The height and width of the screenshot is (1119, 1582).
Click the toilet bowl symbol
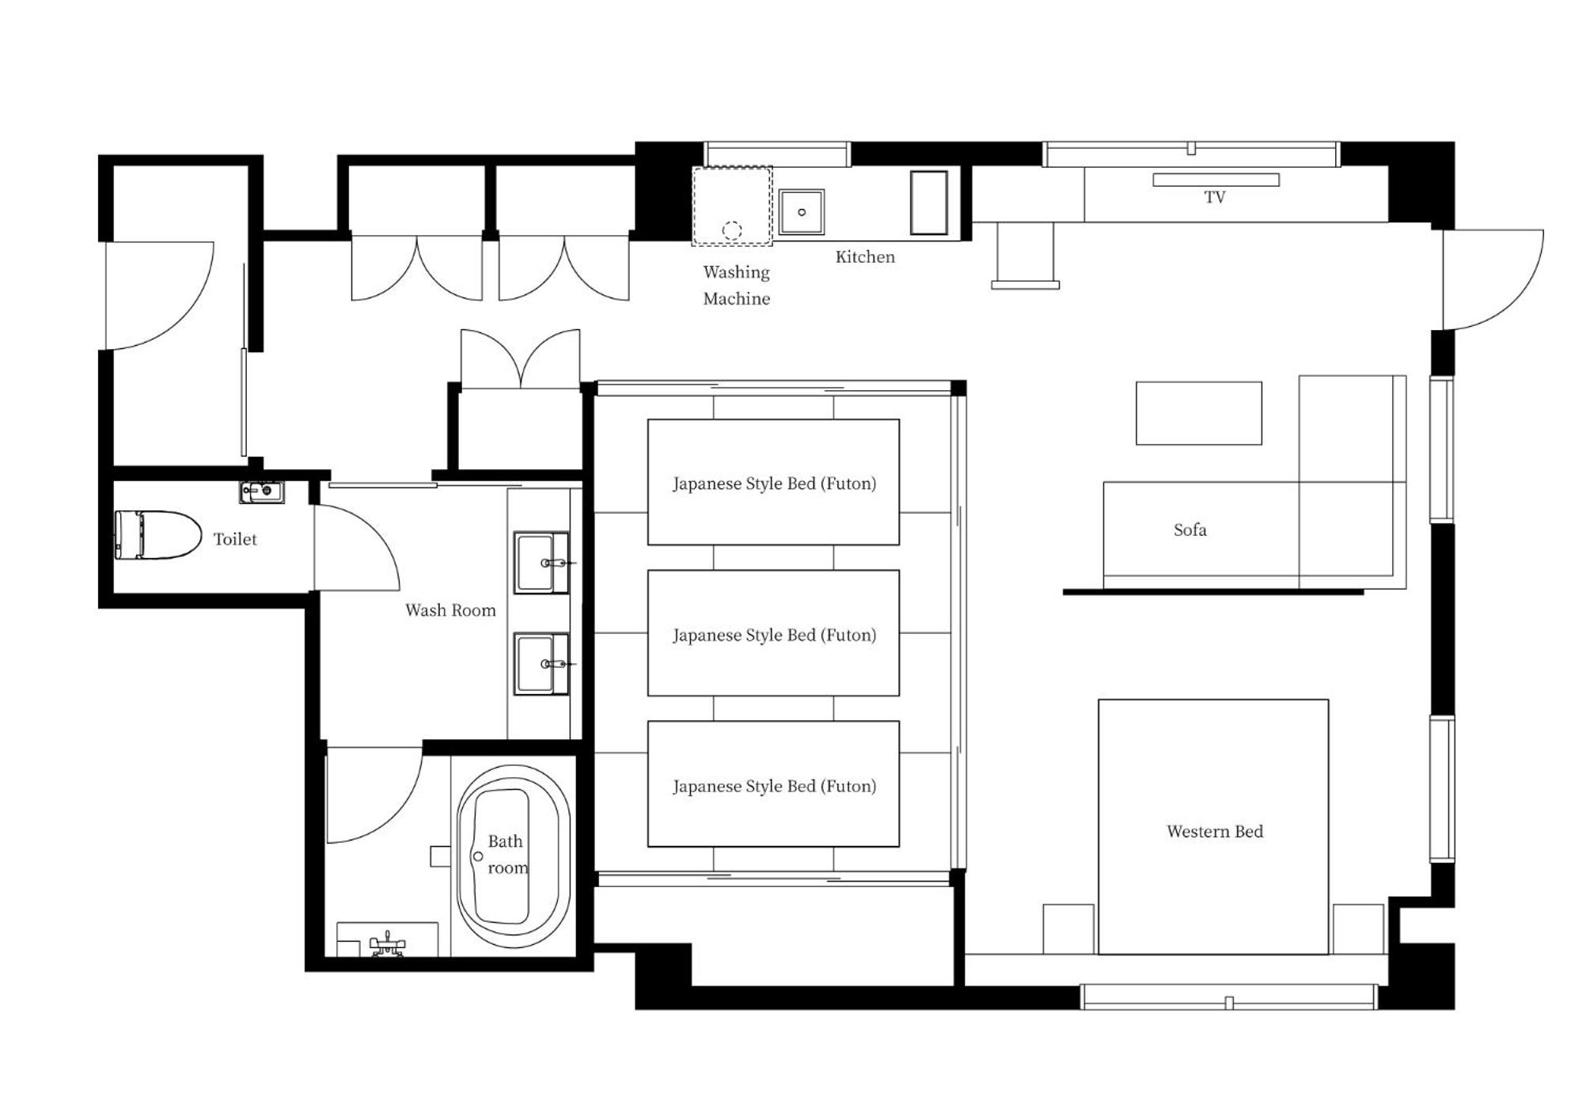click(157, 535)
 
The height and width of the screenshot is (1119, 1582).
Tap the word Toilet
click(235, 539)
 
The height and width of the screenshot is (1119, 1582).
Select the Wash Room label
click(450, 610)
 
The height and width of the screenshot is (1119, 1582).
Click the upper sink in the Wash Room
click(541, 563)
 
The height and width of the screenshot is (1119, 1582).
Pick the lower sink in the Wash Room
click(541, 664)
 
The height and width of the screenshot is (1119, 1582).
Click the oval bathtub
click(514, 856)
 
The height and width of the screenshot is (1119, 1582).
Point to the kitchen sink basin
click(801, 212)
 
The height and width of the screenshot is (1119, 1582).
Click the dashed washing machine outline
click(732, 206)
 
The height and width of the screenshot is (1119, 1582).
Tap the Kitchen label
click(865, 257)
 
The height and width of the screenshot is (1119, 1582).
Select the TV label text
click(1215, 197)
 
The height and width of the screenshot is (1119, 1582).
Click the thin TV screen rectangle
click(1216, 180)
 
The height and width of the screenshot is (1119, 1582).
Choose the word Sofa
click(1190, 529)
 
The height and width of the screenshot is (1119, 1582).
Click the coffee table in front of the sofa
click(1199, 413)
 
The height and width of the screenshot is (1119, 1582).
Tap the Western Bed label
click(1215, 831)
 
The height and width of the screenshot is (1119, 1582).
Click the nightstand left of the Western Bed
click(1068, 929)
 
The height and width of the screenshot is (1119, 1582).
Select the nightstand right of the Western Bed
click(1358, 929)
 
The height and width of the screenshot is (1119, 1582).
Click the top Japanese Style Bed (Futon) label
click(774, 484)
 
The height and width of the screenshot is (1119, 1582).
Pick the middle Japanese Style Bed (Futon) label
click(774, 635)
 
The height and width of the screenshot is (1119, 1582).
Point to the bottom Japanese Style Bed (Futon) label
click(774, 786)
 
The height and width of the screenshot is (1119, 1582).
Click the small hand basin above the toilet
click(262, 491)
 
